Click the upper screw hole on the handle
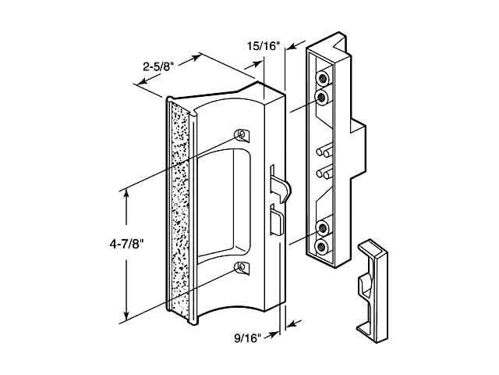tap(241, 134)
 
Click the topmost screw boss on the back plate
tap(320, 79)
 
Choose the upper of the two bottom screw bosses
tap(320, 229)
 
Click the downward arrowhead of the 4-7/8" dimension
tap(126, 317)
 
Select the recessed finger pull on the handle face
tap(222, 203)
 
